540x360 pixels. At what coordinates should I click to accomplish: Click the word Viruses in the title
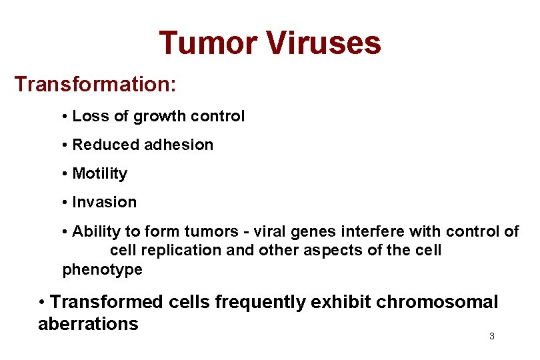pyautogui.click(x=324, y=43)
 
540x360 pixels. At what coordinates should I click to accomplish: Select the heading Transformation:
pyautogui.click(x=95, y=85)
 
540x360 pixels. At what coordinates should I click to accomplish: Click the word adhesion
pyautogui.click(x=177, y=145)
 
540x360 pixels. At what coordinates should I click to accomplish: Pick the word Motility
pyautogui.click(x=99, y=174)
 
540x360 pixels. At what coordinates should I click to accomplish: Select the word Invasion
pyautogui.click(x=104, y=202)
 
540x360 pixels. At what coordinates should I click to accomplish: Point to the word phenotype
pyautogui.click(x=102, y=270)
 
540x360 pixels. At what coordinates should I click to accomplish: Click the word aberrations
pyautogui.click(x=88, y=324)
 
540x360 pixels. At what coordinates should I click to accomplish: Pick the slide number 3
pyautogui.click(x=491, y=337)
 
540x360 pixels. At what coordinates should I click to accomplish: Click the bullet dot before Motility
pyautogui.click(x=65, y=174)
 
